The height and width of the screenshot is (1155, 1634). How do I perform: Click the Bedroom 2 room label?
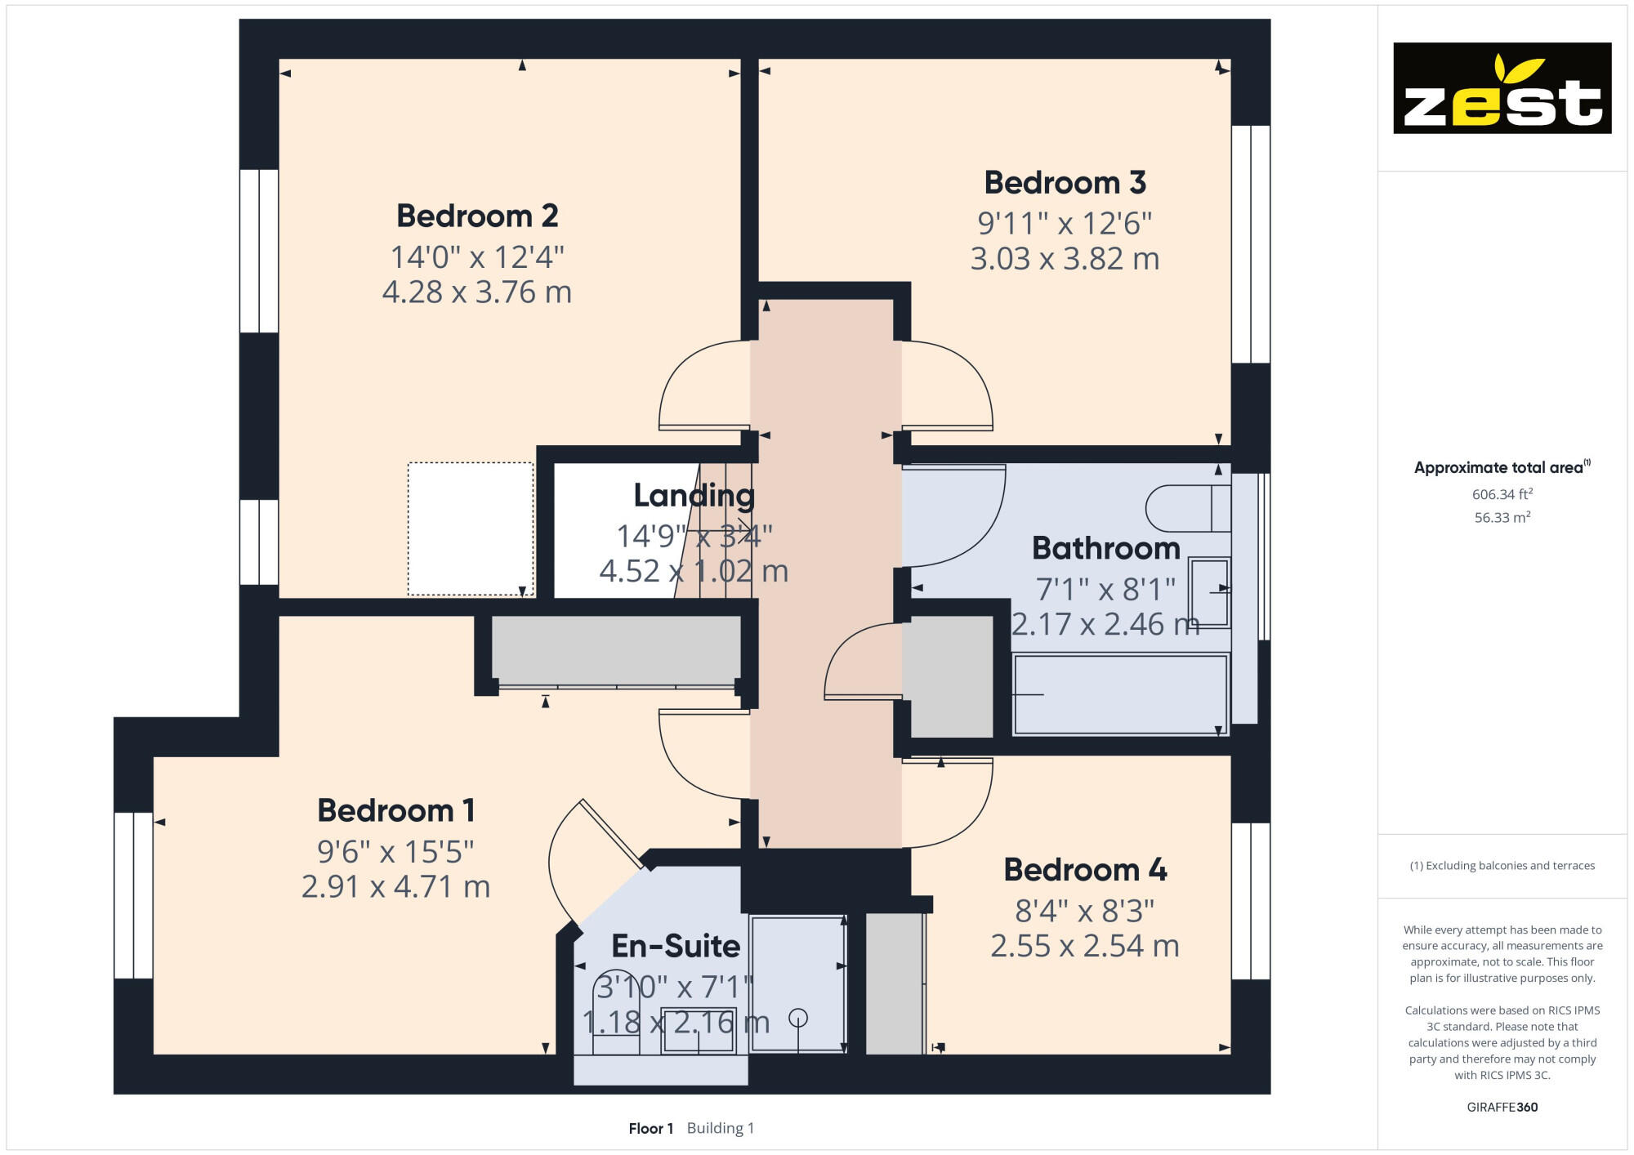tap(477, 216)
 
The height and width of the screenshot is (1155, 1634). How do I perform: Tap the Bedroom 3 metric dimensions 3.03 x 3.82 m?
tap(1065, 259)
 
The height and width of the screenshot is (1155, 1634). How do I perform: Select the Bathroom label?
tap(1105, 548)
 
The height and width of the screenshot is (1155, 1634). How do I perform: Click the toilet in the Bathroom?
tap(1187, 509)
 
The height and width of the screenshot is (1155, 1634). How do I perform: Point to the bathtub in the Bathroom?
tap(1120, 695)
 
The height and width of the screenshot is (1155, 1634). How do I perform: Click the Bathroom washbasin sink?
tap(1209, 592)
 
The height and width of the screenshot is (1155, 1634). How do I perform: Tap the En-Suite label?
tap(676, 946)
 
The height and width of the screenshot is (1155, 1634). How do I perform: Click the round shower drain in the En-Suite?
tap(798, 1018)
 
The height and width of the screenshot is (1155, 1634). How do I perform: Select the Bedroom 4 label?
tap(1085, 870)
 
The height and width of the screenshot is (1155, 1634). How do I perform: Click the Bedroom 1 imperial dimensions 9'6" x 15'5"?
tap(395, 852)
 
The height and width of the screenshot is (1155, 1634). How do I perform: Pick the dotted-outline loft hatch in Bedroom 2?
tap(471, 528)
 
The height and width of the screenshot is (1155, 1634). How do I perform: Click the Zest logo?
tap(1502, 88)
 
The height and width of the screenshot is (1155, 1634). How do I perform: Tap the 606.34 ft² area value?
tap(1502, 494)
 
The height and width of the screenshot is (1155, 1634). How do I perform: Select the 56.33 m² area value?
tap(1502, 518)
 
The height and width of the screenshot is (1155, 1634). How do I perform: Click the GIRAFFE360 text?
tap(1502, 1108)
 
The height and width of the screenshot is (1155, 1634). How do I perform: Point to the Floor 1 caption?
tap(650, 1129)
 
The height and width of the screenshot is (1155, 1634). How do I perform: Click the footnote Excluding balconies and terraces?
tap(1502, 866)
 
